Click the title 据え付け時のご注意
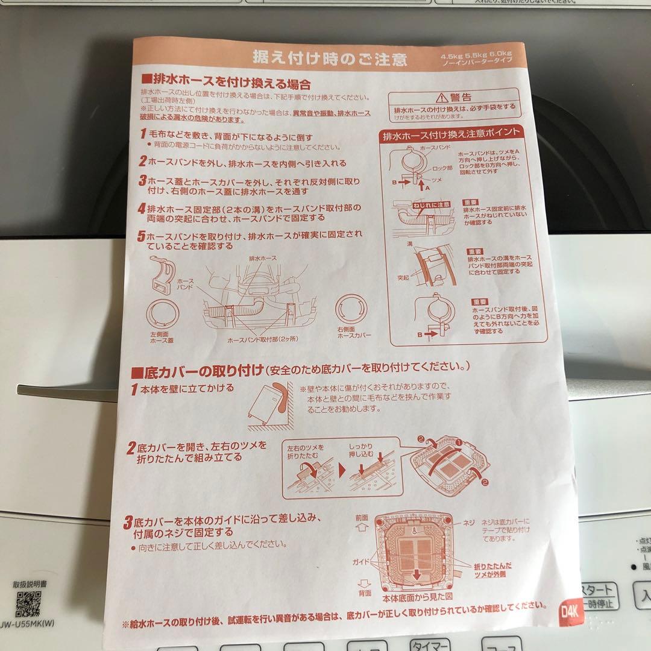330,58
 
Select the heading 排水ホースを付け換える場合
226,81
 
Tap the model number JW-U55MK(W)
33,624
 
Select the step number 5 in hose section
142,236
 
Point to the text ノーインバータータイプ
480,63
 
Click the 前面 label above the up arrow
361,518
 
